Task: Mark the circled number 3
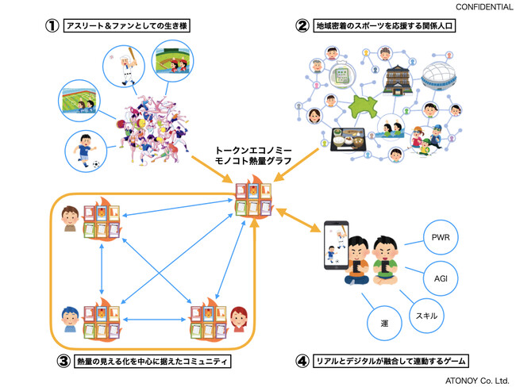(x=63, y=362)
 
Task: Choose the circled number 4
(x=302, y=362)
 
